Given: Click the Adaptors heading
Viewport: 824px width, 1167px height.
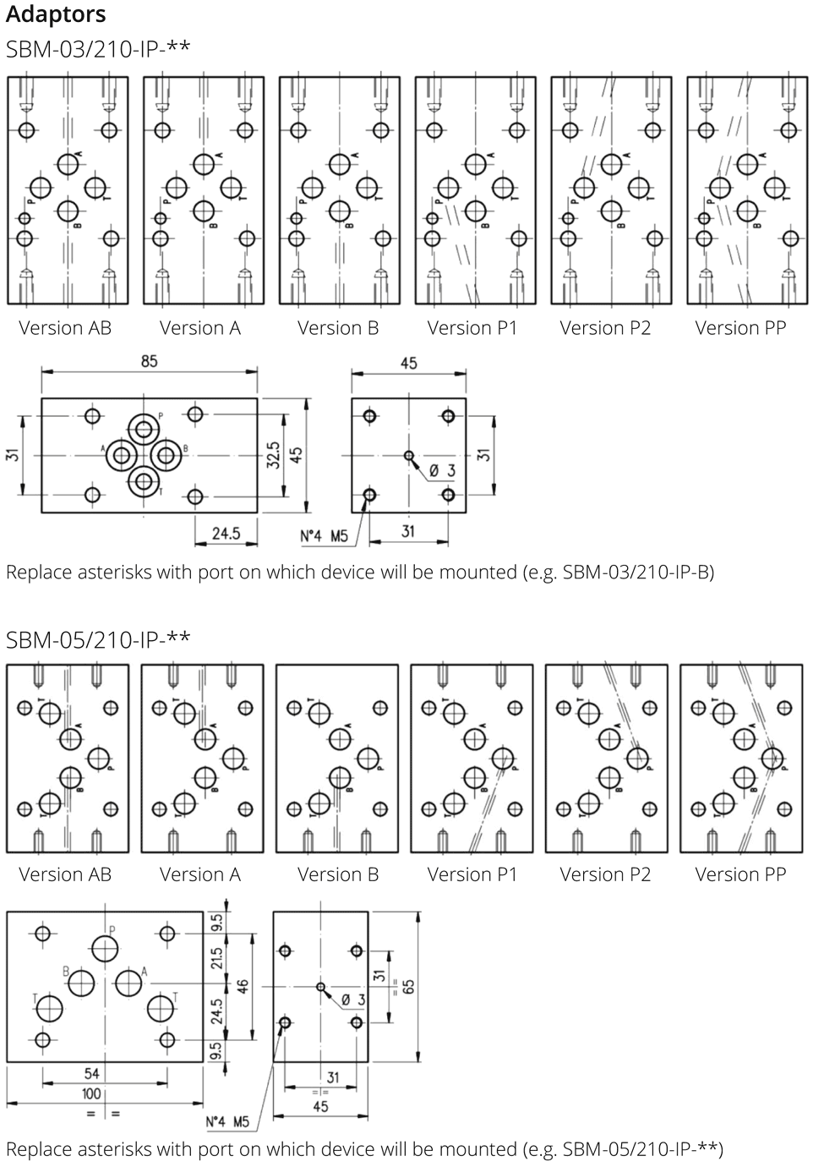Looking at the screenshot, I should (56, 14).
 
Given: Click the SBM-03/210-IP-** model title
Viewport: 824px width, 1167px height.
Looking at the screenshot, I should (98, 48).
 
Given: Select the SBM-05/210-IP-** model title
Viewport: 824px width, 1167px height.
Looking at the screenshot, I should (98, 638).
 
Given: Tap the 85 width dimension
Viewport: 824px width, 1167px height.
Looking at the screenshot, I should (149, 361).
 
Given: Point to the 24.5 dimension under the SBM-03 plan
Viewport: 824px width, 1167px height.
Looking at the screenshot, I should (226, 533).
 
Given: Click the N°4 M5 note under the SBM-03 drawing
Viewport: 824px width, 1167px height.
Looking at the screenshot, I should (324, 535).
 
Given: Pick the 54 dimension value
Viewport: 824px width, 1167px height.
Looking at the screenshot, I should (91, 1073).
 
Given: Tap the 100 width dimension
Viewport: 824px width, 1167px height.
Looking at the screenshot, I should (91, 1093).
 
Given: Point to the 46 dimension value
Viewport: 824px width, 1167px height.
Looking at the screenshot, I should (243, 986).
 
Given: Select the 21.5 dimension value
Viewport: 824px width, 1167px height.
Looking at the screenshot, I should (217, 958).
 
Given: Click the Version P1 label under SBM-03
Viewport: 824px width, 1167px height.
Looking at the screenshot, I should (472, 328).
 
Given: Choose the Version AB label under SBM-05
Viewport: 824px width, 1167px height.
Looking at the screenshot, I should (65, 874).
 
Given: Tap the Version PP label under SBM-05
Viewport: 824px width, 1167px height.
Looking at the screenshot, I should (740, 874).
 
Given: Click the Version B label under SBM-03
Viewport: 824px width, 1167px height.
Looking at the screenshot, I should (338, 328).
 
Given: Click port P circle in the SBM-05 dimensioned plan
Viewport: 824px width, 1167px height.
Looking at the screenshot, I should (106, 949).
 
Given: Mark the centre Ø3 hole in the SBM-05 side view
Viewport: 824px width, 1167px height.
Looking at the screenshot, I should (320, 986).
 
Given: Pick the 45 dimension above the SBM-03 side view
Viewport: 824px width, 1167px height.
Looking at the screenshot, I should (408, 363).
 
